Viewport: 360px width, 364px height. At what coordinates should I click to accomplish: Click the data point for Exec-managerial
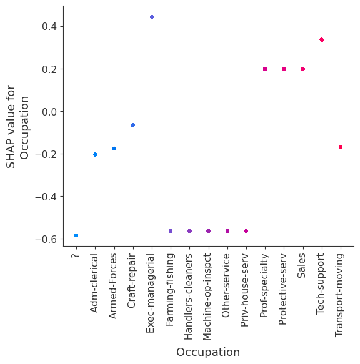tap(152, 17)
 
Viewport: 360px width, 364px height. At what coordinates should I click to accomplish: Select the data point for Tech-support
tap(322, 40)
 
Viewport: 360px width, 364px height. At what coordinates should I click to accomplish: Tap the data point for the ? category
tap(76, 235)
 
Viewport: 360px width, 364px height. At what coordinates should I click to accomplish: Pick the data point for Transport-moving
tap(341, 147)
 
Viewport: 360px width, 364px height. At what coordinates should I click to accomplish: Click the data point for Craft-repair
tap(133, 125)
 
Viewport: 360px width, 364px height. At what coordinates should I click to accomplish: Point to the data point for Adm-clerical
tap(95, 154)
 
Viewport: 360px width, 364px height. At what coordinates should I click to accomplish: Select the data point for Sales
tap(303, 69)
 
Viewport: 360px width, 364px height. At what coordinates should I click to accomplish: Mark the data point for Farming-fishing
tap(171, 231)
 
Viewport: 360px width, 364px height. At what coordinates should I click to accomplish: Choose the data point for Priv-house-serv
tap(246, 231)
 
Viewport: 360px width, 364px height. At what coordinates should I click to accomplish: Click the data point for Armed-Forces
tap(114, 149)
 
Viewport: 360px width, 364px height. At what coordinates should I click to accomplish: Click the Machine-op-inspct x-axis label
tap(209, 293)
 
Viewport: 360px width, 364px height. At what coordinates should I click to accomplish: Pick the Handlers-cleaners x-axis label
tap(189, 293)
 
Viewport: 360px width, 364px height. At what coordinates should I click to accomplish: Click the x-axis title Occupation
tap(208, 352)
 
